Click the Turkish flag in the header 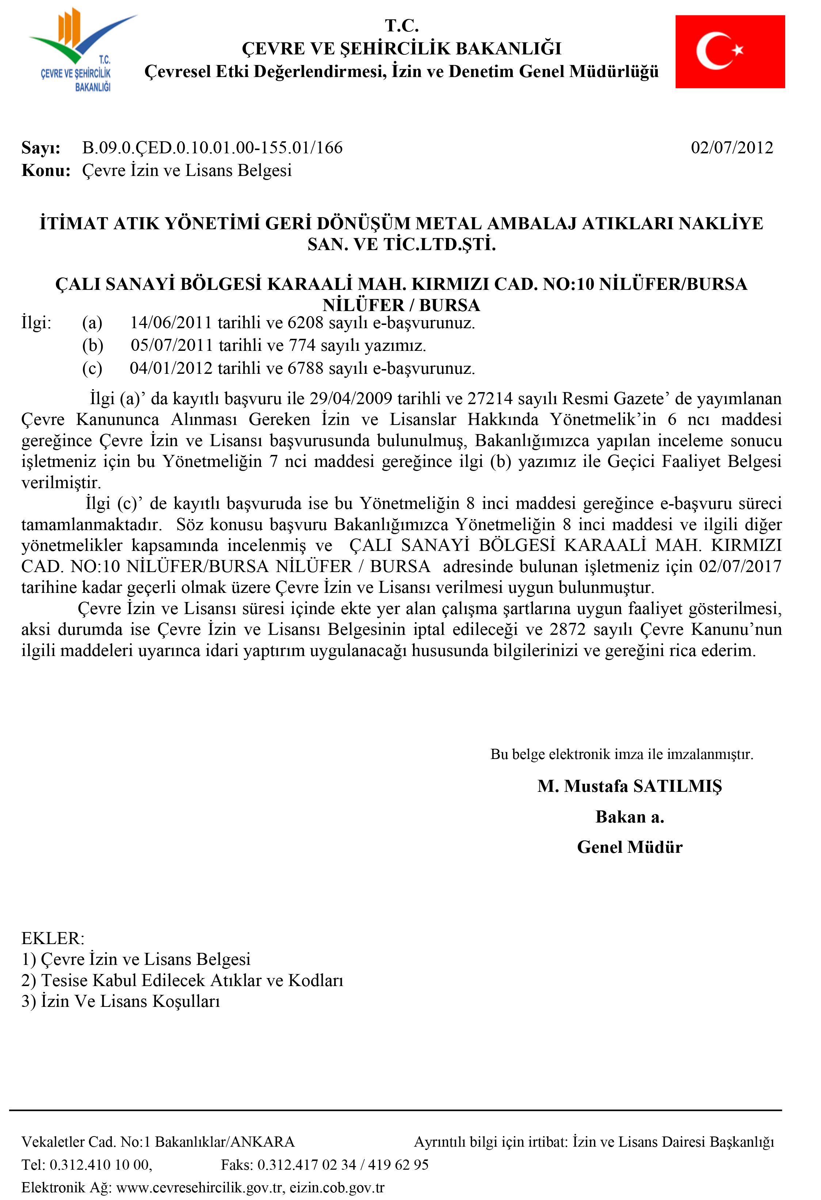(730, 51)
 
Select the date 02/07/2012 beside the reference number (732, 148)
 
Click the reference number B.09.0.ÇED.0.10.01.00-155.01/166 (212, 148)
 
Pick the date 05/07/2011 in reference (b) (172, 345)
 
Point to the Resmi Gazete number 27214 (490, 399)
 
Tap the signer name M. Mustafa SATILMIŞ (629, 786)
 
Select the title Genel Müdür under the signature (629, 847)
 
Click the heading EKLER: (53, 938)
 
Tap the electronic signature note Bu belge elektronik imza (622, 754)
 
